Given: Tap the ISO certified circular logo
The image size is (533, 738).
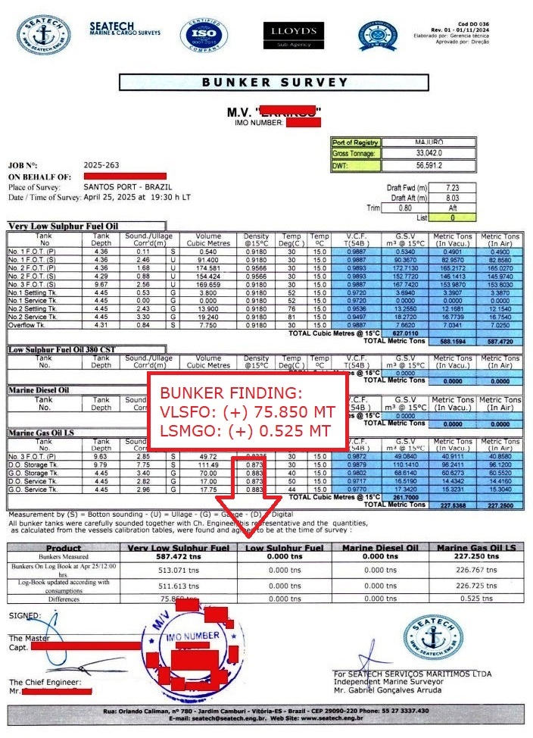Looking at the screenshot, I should [x=203, y=35].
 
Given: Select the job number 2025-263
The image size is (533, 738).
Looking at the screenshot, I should [x=101, y=164].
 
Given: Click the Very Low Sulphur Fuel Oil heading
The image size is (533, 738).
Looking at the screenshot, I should [x=63, y=226].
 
